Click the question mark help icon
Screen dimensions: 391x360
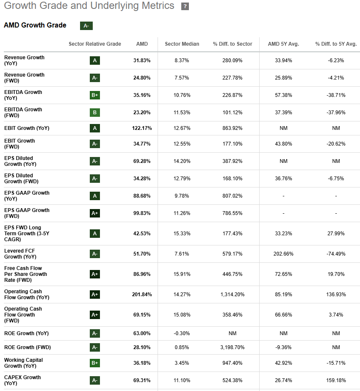coord(185,6)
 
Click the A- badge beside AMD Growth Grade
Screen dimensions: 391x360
coord(86,26)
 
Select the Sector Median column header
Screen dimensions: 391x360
coord(182,44)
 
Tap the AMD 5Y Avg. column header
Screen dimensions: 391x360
coord(283,44)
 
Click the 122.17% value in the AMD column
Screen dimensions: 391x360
coord(142,128)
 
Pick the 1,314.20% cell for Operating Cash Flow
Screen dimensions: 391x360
coord(232,295)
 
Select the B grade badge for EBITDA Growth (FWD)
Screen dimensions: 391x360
coord(95,113)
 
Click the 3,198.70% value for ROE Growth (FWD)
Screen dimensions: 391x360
coord(232,347)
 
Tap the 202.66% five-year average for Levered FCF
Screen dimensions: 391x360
coord(283,254)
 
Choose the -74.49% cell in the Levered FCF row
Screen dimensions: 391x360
coord(336,254)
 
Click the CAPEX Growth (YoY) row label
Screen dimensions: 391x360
coord(22,380)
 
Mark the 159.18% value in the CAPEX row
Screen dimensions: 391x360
coord(336,380)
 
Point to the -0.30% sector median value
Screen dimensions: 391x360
coord(182,333)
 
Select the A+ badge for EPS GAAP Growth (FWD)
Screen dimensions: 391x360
coord(95,213)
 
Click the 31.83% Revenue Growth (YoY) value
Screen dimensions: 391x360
coord(142,61)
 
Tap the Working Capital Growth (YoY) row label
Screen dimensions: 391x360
coord(23,363)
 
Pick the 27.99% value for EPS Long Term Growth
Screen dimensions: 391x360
coord(336,234)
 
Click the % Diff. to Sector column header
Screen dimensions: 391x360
coord(233,44)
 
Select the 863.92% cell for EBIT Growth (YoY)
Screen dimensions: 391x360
coord(232,128)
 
